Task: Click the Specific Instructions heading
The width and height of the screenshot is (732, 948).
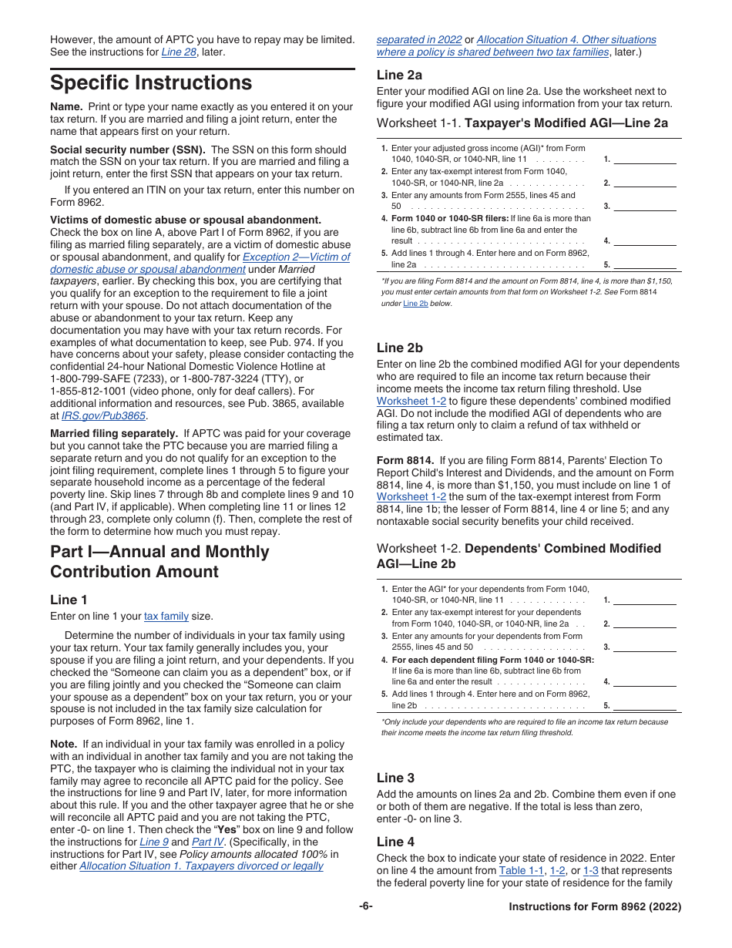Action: (x=151, y=82)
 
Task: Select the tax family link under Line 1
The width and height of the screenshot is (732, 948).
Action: (x=166, y=616)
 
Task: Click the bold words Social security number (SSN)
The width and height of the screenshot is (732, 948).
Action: (x=128, y=150)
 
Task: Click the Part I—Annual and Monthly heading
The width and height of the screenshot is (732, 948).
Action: (x=159, y=552)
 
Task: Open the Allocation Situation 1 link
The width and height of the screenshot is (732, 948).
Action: (x=201, y=866)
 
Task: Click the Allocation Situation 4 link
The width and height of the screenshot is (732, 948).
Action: (x=566, y=39)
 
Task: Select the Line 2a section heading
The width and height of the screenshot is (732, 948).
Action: (x=399, y=75)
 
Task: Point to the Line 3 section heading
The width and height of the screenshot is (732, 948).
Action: (x=395, y=778)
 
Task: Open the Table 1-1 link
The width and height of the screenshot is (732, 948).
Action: (x=521, y=870)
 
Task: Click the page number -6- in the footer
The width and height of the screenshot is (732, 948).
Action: (x=365, y=906)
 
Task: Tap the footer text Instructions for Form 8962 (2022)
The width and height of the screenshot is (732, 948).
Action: (x=595, y=907)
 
